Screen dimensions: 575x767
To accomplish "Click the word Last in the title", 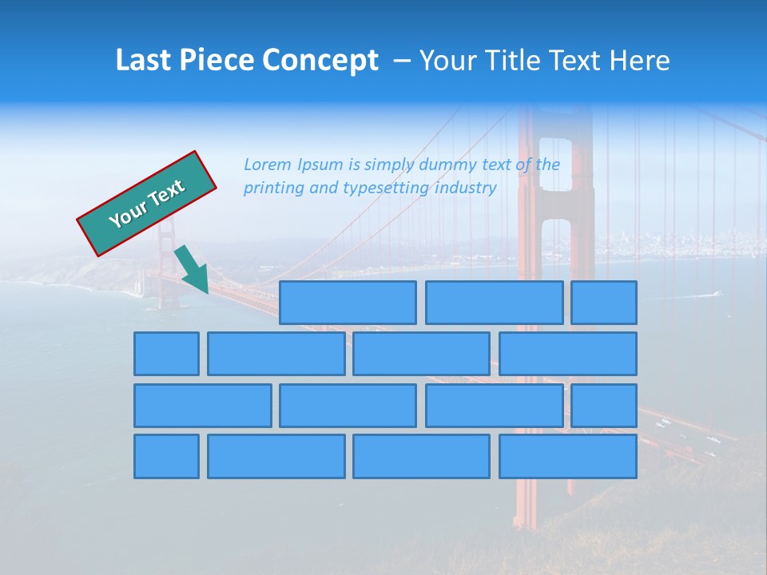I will [144, 61].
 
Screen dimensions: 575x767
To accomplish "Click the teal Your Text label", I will [147, 203].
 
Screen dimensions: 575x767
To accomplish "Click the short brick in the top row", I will [604, 303].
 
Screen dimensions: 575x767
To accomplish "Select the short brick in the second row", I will [166, 354].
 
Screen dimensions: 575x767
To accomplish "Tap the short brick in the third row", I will [604, 406].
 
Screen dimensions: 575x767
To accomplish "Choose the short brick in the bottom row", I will [166, 457].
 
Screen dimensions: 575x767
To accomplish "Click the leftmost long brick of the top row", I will [348, 303].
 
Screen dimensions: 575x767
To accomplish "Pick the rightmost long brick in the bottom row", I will [568, 457].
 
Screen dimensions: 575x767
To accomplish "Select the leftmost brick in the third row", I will [202, 406].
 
